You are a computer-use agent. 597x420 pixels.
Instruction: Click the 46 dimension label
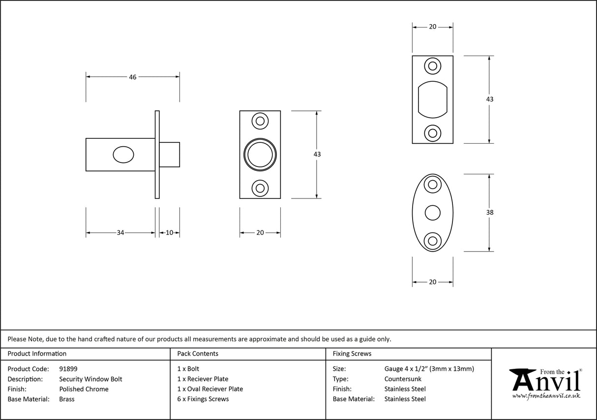pyautogui.click(x=132, y=77)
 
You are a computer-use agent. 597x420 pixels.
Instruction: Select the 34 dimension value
pyautogui.click(x=120, y=233)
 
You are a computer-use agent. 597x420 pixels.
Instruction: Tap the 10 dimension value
pyautogui.click(x=169, y=233)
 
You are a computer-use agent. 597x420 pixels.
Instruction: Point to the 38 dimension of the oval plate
pyautogui.click(x=489, y=213)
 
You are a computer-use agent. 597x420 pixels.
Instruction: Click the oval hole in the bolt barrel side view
pyautogui.click(x=123, y=155)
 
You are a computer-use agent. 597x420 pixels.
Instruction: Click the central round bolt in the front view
pyautogui.click(x=260, y=155)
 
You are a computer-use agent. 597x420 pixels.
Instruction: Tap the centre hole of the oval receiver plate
pyautogui.click(x=432, y=213)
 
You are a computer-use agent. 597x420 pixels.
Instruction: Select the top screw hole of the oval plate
pyautogui.click(x=432, y=185)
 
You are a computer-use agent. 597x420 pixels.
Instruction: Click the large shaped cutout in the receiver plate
pyautogui.click(x=432, y=99)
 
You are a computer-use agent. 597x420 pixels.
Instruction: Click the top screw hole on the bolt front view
pyautogui.click(x=260, y=121)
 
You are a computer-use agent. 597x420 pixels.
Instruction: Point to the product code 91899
pyautogui.click(x=68, y=369)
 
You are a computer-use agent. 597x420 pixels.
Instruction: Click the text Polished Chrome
pyautogui.click(x=84, y=389)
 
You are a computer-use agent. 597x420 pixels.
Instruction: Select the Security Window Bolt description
pyautogui.click(x=90, y=379)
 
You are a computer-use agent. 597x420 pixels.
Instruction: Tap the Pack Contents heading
pyautogui.click(x=198, y=354)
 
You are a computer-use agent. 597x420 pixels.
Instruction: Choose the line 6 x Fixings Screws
pyautogui.click(x=203, y=399)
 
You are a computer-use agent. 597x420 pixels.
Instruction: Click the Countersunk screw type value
pyautogui.click(x=403, y=379)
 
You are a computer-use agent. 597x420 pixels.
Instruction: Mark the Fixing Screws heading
pyautogui.click(x=352, y=354)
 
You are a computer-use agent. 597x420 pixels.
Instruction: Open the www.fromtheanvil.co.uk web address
pyautogui.click(x=546, y=395)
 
